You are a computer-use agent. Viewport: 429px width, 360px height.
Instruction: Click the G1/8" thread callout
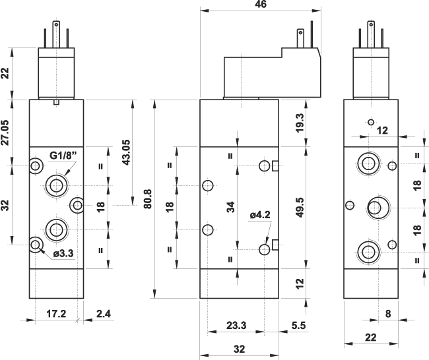click(x=63, y=156)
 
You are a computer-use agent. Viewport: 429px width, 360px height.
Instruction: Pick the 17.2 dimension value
click(x=57, y=314)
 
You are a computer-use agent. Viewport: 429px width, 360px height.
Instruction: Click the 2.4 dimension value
click(x=102, y=314)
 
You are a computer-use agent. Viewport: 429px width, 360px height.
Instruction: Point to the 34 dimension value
click(x=230, y=206)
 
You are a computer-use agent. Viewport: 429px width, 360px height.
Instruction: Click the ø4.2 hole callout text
click(x=261, y=214)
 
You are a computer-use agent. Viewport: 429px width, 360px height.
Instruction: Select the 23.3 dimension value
click(x=236, y=325)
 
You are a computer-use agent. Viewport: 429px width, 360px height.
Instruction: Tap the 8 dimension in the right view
click(x=388, y=314)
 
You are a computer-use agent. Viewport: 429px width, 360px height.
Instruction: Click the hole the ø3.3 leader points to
click(x=36, y=246)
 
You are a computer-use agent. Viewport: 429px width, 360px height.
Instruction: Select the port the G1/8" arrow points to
click(x=55, y=184)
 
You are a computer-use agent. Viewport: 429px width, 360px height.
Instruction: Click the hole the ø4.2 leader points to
click(x=265, y=249)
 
